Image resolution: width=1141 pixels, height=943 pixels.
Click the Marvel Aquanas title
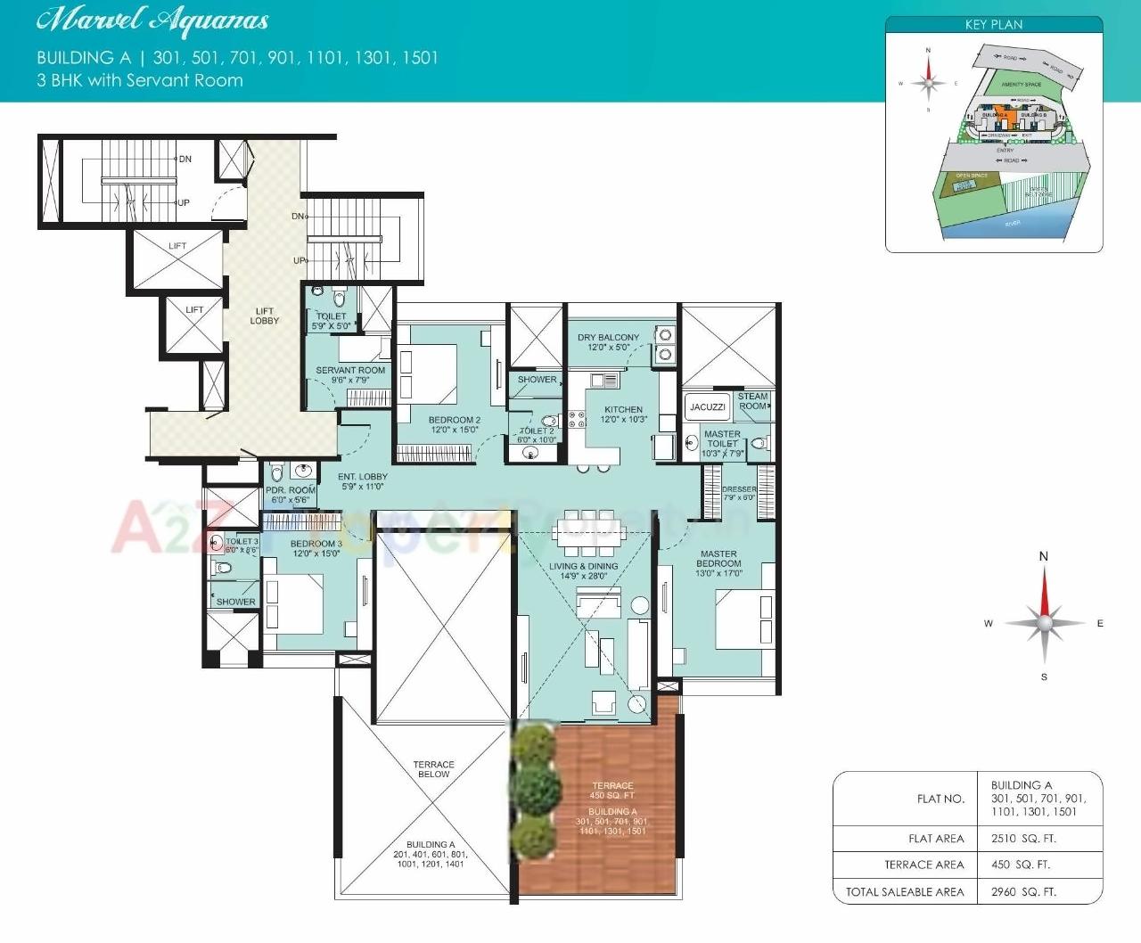pyautogui.click(x=152, y=20)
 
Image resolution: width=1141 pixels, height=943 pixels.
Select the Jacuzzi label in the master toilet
pyautogui.click(x=707, y=407)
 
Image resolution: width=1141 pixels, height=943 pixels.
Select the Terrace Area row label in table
pyautogui.click(x=923, y=865)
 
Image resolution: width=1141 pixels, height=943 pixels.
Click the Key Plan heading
pyautogui.click(x=993, y=25)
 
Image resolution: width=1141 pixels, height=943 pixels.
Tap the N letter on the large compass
pyautogui.click(x=1044, y=556)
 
